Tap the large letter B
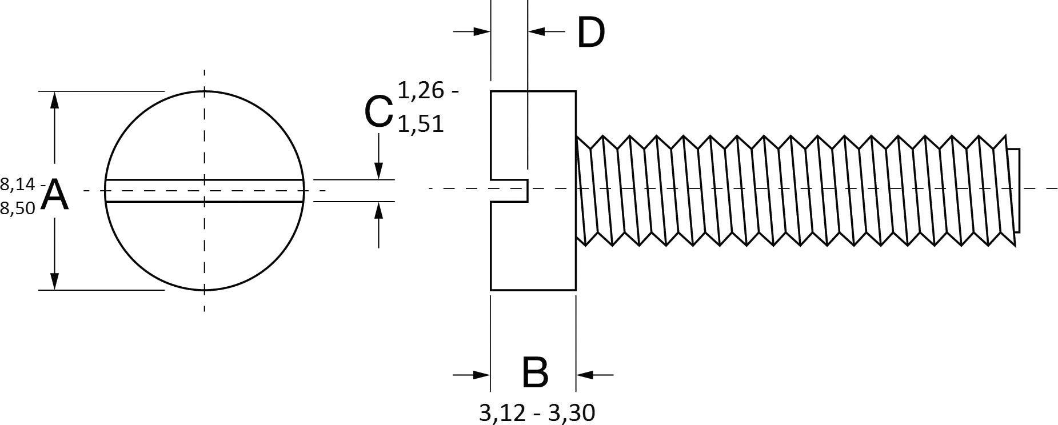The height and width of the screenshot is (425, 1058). (535, 373)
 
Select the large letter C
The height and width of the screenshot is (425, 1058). (378, 111)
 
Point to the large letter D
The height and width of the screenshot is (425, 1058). (590, 33)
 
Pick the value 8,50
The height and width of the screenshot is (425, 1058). (17, 209)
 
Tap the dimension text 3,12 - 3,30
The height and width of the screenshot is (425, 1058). (537, 412)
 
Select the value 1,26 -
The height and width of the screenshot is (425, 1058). (428, 90)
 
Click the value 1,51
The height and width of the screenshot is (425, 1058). (420, 124)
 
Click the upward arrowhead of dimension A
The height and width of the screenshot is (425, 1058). (54, 99)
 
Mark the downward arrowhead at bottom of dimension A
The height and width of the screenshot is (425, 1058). (54, 281)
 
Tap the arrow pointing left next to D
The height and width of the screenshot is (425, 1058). (537, 31)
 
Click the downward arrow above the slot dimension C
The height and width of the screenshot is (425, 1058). (378, 170)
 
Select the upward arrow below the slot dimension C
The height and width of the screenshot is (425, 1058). (378, 211)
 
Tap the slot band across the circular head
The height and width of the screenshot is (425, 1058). (205, 191)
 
